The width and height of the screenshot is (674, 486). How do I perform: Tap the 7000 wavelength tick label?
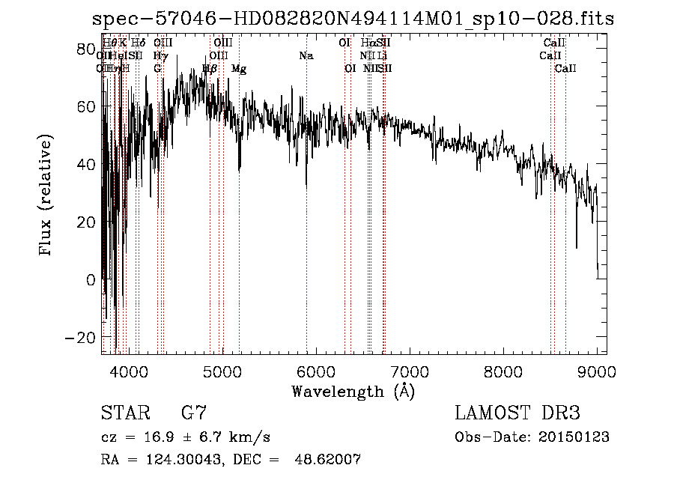pos(410,371)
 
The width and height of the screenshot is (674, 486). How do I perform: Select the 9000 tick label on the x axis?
pos(597,371)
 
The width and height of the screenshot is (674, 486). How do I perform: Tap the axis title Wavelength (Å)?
pos(353,391)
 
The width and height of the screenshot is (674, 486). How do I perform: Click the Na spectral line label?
pos(306,56)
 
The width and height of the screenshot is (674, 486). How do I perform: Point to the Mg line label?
pos(239,69)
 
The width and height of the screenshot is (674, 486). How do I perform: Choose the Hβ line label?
pos(210,69)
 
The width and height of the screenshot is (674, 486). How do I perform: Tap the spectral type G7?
pos(194,413)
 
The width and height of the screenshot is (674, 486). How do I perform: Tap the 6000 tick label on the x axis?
pos(316,371)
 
